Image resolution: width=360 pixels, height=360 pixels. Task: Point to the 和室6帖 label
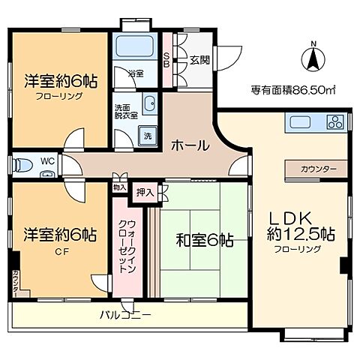pyautogui.click(x=204, y=241)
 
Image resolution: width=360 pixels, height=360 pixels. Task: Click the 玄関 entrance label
pyautogui.click(x=199, y=61)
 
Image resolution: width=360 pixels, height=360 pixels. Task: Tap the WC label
pyautogui.click(x=46, y=161)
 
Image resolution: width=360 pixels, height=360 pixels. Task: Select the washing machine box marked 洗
pyautogui.click(x=147, y=136)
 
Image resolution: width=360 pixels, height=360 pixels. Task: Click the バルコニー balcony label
pyautogui.click(x=126, y=313)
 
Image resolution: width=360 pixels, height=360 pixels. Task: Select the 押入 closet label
pyautogui.click(x=144, y=193)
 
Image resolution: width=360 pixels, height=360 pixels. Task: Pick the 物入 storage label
pyautogui.click(x=119, y=187)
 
